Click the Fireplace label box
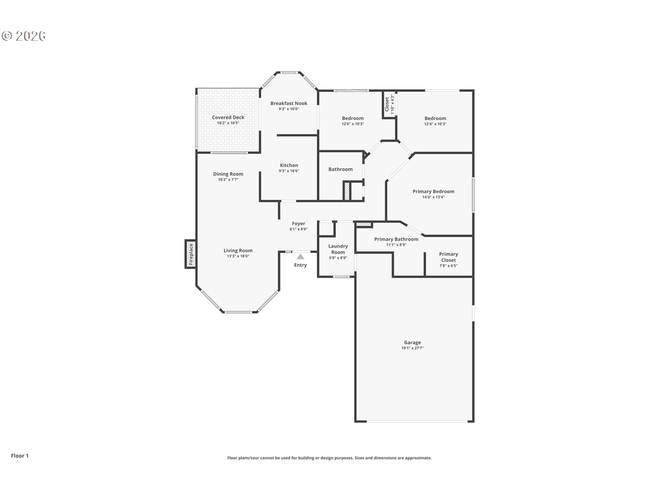191,254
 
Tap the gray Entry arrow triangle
300,257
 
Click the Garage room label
412,342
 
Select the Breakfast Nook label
289,103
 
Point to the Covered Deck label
228,117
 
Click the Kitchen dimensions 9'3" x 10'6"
289,171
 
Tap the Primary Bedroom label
433,191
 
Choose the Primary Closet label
449,257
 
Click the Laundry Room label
338,249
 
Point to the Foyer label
299,223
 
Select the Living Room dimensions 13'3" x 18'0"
238,256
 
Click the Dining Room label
228,174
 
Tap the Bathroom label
340,169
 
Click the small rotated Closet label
387,104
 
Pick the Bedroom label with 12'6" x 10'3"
353,118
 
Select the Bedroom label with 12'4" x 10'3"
435,118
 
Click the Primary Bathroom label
396,239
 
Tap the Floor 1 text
20,456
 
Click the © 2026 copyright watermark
24,36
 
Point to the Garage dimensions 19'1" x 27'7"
413,348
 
